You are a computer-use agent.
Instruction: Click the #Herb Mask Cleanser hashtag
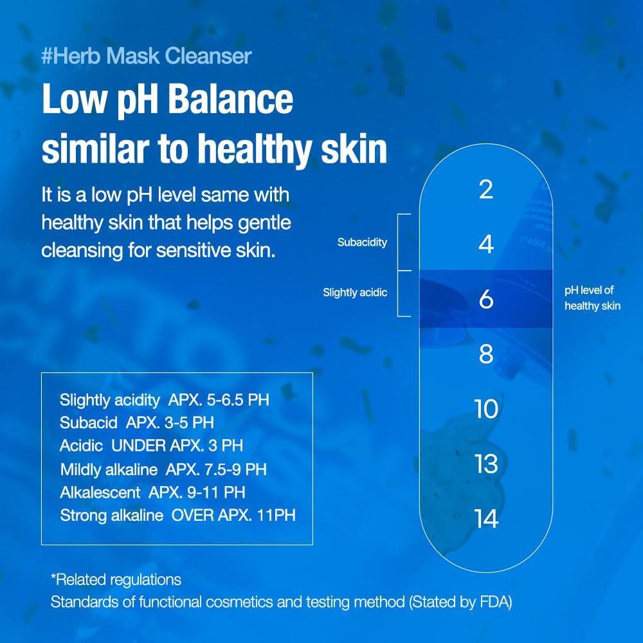[147, 56]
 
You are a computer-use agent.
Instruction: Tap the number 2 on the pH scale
[486, 190]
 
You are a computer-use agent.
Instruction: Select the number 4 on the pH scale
[486, 244]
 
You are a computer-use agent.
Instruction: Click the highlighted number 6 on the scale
[486, 299]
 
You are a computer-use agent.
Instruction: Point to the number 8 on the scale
[486, 354]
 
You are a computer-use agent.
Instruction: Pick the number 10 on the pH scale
[486, 409]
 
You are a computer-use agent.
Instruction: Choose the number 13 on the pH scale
[486, 464]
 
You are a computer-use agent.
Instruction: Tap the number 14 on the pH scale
[486, 519]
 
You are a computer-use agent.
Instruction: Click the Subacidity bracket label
[362, 242]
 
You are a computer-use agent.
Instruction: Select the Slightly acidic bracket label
[355, 293]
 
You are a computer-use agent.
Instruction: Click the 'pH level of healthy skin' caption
[592, 298]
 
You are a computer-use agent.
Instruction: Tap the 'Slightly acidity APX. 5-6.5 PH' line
[165, 400]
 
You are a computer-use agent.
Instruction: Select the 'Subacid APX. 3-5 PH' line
[137, 423]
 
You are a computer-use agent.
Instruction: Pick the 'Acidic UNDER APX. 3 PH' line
[151, 446]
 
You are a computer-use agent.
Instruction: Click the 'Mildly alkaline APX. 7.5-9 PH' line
[163, 469]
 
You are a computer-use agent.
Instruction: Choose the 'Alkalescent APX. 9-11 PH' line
[152, 493]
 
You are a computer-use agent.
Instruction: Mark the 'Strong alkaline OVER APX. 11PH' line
[177, 516]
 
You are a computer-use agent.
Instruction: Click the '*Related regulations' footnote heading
[116, 580]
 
